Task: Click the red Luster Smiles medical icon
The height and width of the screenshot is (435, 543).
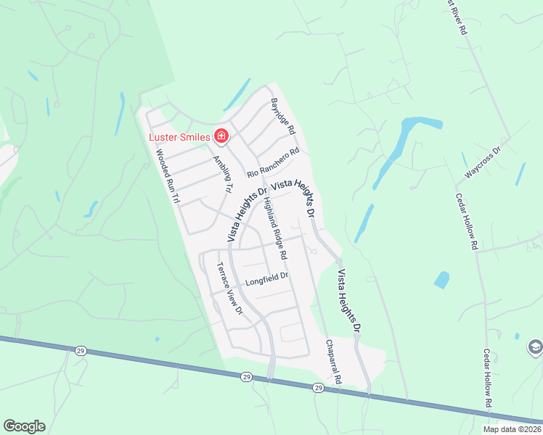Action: tap(221, 136)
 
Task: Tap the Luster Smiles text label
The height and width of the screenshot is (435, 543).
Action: tap(179, 137)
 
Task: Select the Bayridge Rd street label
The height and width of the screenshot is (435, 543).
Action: tap(283, 117)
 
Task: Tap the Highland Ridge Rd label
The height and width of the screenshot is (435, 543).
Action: tap(275, 229)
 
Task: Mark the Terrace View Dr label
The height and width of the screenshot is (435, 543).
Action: tap(229, 288)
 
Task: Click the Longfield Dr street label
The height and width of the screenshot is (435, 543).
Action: tap(266, 276)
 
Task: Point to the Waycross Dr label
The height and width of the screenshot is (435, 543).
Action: tap(483, 164)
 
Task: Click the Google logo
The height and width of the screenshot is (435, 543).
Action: tap(24, 426)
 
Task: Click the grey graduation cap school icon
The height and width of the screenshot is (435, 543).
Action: tap(535, 347)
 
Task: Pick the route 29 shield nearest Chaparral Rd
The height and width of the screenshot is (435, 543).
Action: tap(318, 388)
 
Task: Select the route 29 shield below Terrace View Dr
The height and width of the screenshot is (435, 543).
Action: tap(246, 377)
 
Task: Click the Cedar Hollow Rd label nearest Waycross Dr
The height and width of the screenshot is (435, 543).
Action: tap(466, 221)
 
